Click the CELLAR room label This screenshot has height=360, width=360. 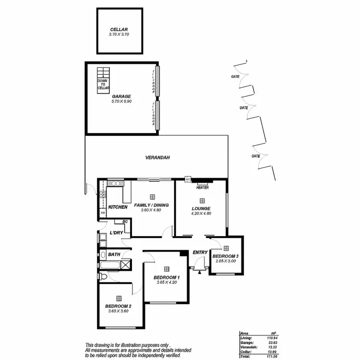pos(120,29)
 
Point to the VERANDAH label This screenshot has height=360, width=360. pos(158,158)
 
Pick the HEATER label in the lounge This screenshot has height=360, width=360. pos(202,187)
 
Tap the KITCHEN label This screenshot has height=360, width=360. pos(118,207)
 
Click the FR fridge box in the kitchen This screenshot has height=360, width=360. pos(102,212)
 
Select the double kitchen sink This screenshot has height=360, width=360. pos(115,182)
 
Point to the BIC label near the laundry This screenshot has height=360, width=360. pos(125,221)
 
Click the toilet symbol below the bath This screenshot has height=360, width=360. pos(104,277)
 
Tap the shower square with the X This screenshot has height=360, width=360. pos(125,264)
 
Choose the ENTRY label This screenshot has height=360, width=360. pos(200,252)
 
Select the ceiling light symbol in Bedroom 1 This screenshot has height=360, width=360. pos(166,269)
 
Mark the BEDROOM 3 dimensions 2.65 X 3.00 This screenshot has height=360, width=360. pos(226,261)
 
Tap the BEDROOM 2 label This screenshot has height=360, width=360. pos(118,306)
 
